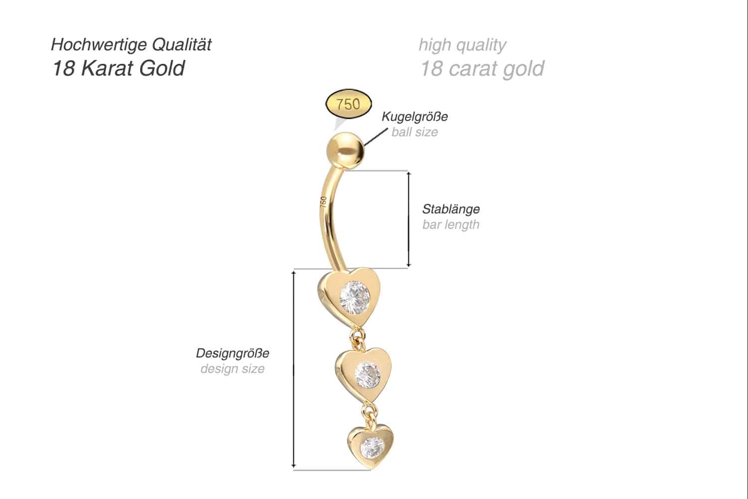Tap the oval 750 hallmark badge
[348, 104]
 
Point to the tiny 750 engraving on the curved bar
[323, 202]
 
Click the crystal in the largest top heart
[355, 298]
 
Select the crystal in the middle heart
[368, 375]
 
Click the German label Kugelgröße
[415, 117]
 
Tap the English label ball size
[415, 132]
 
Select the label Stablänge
[451, 209]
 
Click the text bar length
[451, 225]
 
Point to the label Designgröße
[233, 353]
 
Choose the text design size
[233, 369]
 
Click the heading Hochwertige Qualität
[131, 45]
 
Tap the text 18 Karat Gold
[118, 68]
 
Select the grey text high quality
[462, 45]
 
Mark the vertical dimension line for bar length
[408, 219]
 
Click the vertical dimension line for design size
[294, 369]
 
